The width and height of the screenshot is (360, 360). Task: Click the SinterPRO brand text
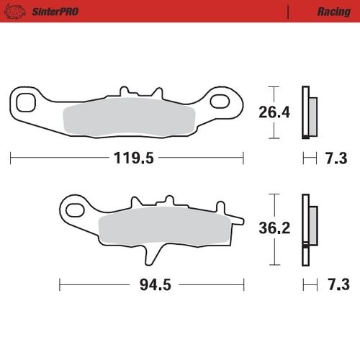[55, 12]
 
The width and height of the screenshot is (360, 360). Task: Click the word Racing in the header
[333, 12]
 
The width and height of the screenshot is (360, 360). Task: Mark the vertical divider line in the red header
[288, 12]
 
